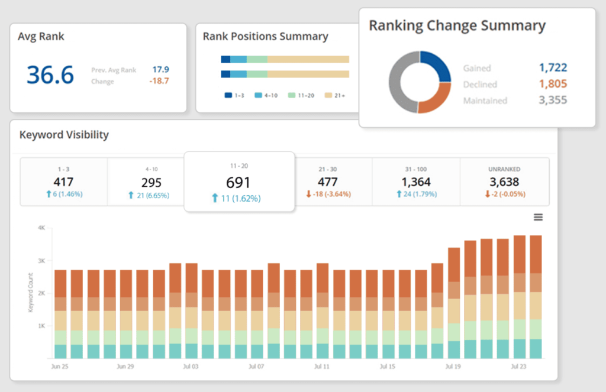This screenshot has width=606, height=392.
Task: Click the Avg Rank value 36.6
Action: pyautogui.click(x=50, y=75)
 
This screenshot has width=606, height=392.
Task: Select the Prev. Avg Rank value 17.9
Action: pyautogui.click(x=160, y=69)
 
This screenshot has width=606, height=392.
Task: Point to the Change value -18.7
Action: pyautogui.click(x=159, y=81)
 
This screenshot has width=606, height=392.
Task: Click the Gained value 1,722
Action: pyautogui.click(x=553, y=68)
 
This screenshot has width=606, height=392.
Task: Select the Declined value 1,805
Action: pyautogui.click(x=553, y=84)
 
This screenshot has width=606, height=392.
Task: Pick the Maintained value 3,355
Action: pyautogui.click(x=553, y=100)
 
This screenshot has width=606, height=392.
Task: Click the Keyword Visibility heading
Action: pyautogui.click(x=64, y=135)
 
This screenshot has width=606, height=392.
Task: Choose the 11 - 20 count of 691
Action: pyautogui.click(x=238, y=183)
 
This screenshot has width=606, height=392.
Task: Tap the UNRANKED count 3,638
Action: pyautogui.click(x=504, y=182)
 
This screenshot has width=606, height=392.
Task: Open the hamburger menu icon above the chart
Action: pyautogui.click(x=538, y=217)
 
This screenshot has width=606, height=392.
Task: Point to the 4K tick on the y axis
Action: pyautogui.click(x=41, y=228)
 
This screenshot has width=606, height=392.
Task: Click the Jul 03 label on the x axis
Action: pyautogui.click(x=191, y=367)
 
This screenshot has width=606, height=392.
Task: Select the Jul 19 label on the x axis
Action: pyautogui.click(x=453, y=367)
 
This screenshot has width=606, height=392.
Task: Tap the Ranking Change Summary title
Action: pyautogui.click(x=457, y=26)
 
